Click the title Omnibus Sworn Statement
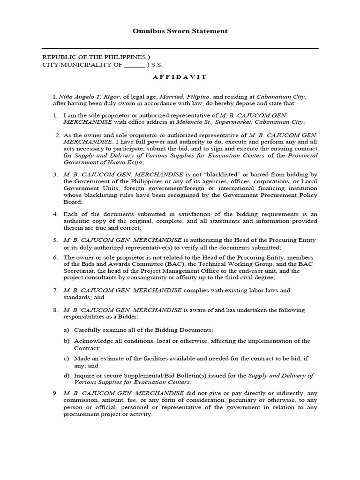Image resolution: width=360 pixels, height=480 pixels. tap(180, 31)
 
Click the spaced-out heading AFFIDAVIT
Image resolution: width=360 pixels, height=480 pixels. tap(180, 76)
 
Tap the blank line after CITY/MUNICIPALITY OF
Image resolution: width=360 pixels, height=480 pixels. tap(135, 66)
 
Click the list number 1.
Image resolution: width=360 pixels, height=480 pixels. tap(55, 115)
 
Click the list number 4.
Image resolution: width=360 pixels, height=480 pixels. tap(55, 214)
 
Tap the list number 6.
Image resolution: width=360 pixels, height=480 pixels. tap(55, 257)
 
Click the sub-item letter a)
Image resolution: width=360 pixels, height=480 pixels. tap(67, 330)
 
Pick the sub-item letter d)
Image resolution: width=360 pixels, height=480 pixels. tap(67, 375)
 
